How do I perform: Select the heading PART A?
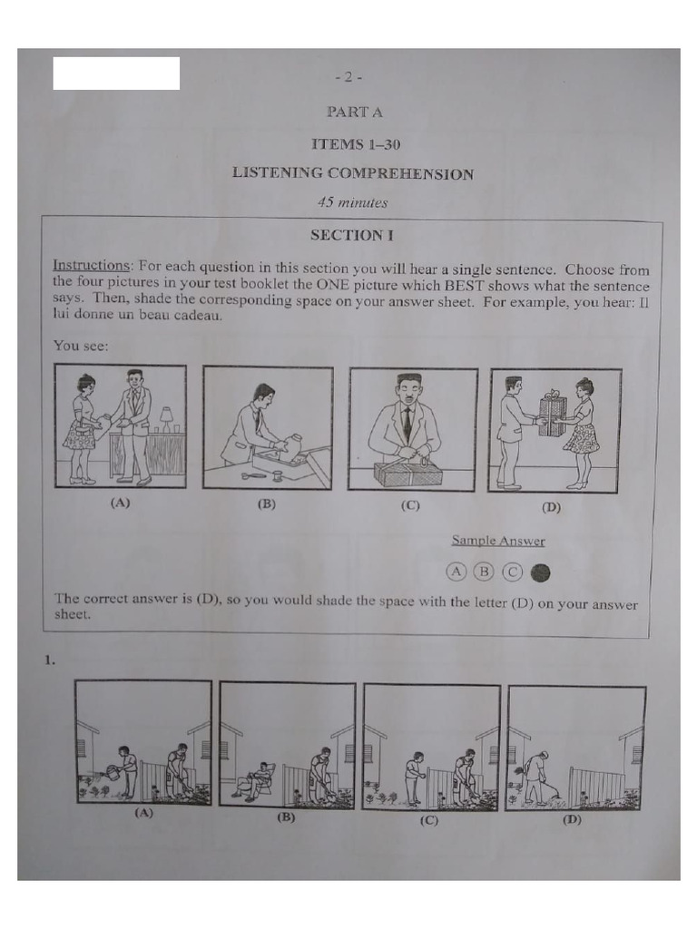pos(354,112)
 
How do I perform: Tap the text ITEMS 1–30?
pos(356,144)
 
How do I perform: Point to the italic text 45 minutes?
pos(352,202)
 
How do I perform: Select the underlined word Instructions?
pos(92,266)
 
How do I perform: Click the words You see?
pos(80,345)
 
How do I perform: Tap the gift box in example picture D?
pos(551,415)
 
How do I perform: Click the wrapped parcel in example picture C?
pos(407,473)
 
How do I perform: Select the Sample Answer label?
pos(498,541)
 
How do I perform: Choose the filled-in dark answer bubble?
pos(542,572)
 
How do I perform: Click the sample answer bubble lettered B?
pos(485,572)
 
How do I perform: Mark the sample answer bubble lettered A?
pos(456,572)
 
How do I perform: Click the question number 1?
pos(51,661)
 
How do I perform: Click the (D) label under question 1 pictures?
pos(572,819)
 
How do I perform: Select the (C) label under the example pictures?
pos(410,506)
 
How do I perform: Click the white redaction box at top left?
pos(116,73)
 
